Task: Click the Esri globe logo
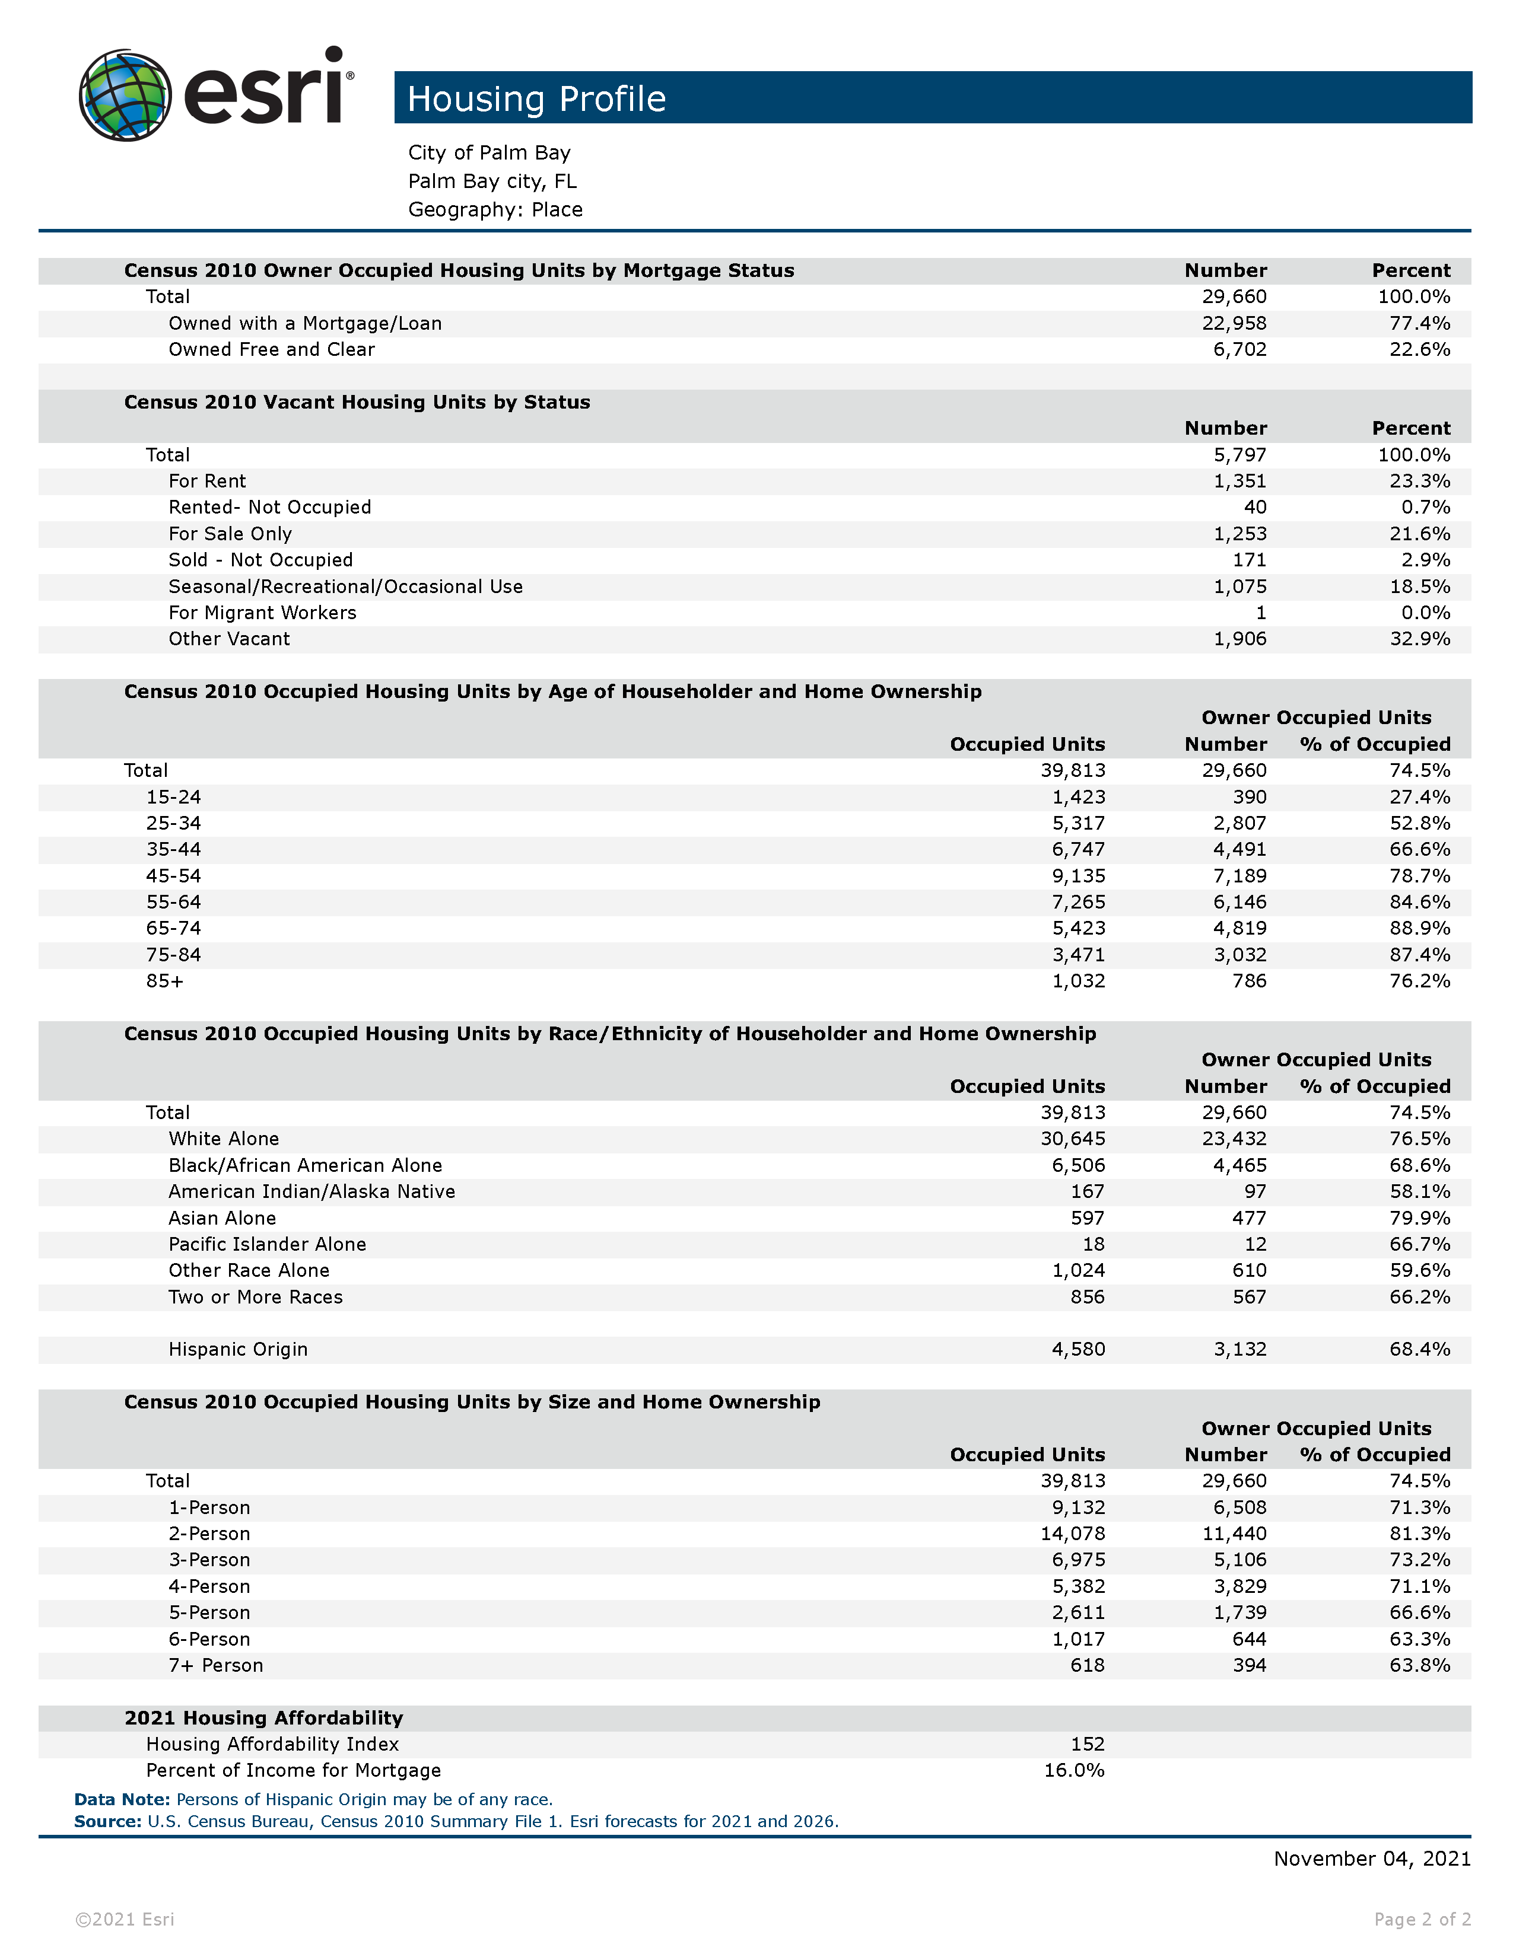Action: [x=125, y=95]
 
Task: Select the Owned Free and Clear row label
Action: [x=272, y=349]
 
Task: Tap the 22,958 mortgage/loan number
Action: [x=1234, y=323]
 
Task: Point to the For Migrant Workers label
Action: [x=263, y=613]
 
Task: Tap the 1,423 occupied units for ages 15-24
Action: [x=1078, y=798]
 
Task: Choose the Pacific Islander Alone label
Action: [x=267, y=1245]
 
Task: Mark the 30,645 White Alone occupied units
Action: [x=1072, y=1139]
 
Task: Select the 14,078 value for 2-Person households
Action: [x=1072, y=1534]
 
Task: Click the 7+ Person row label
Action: [x=216, y=1666]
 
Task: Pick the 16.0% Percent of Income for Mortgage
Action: [x=1074, y=1771]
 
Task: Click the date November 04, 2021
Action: [x=1371, y=1859]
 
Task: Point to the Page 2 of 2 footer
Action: [x=1422, y=1920]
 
